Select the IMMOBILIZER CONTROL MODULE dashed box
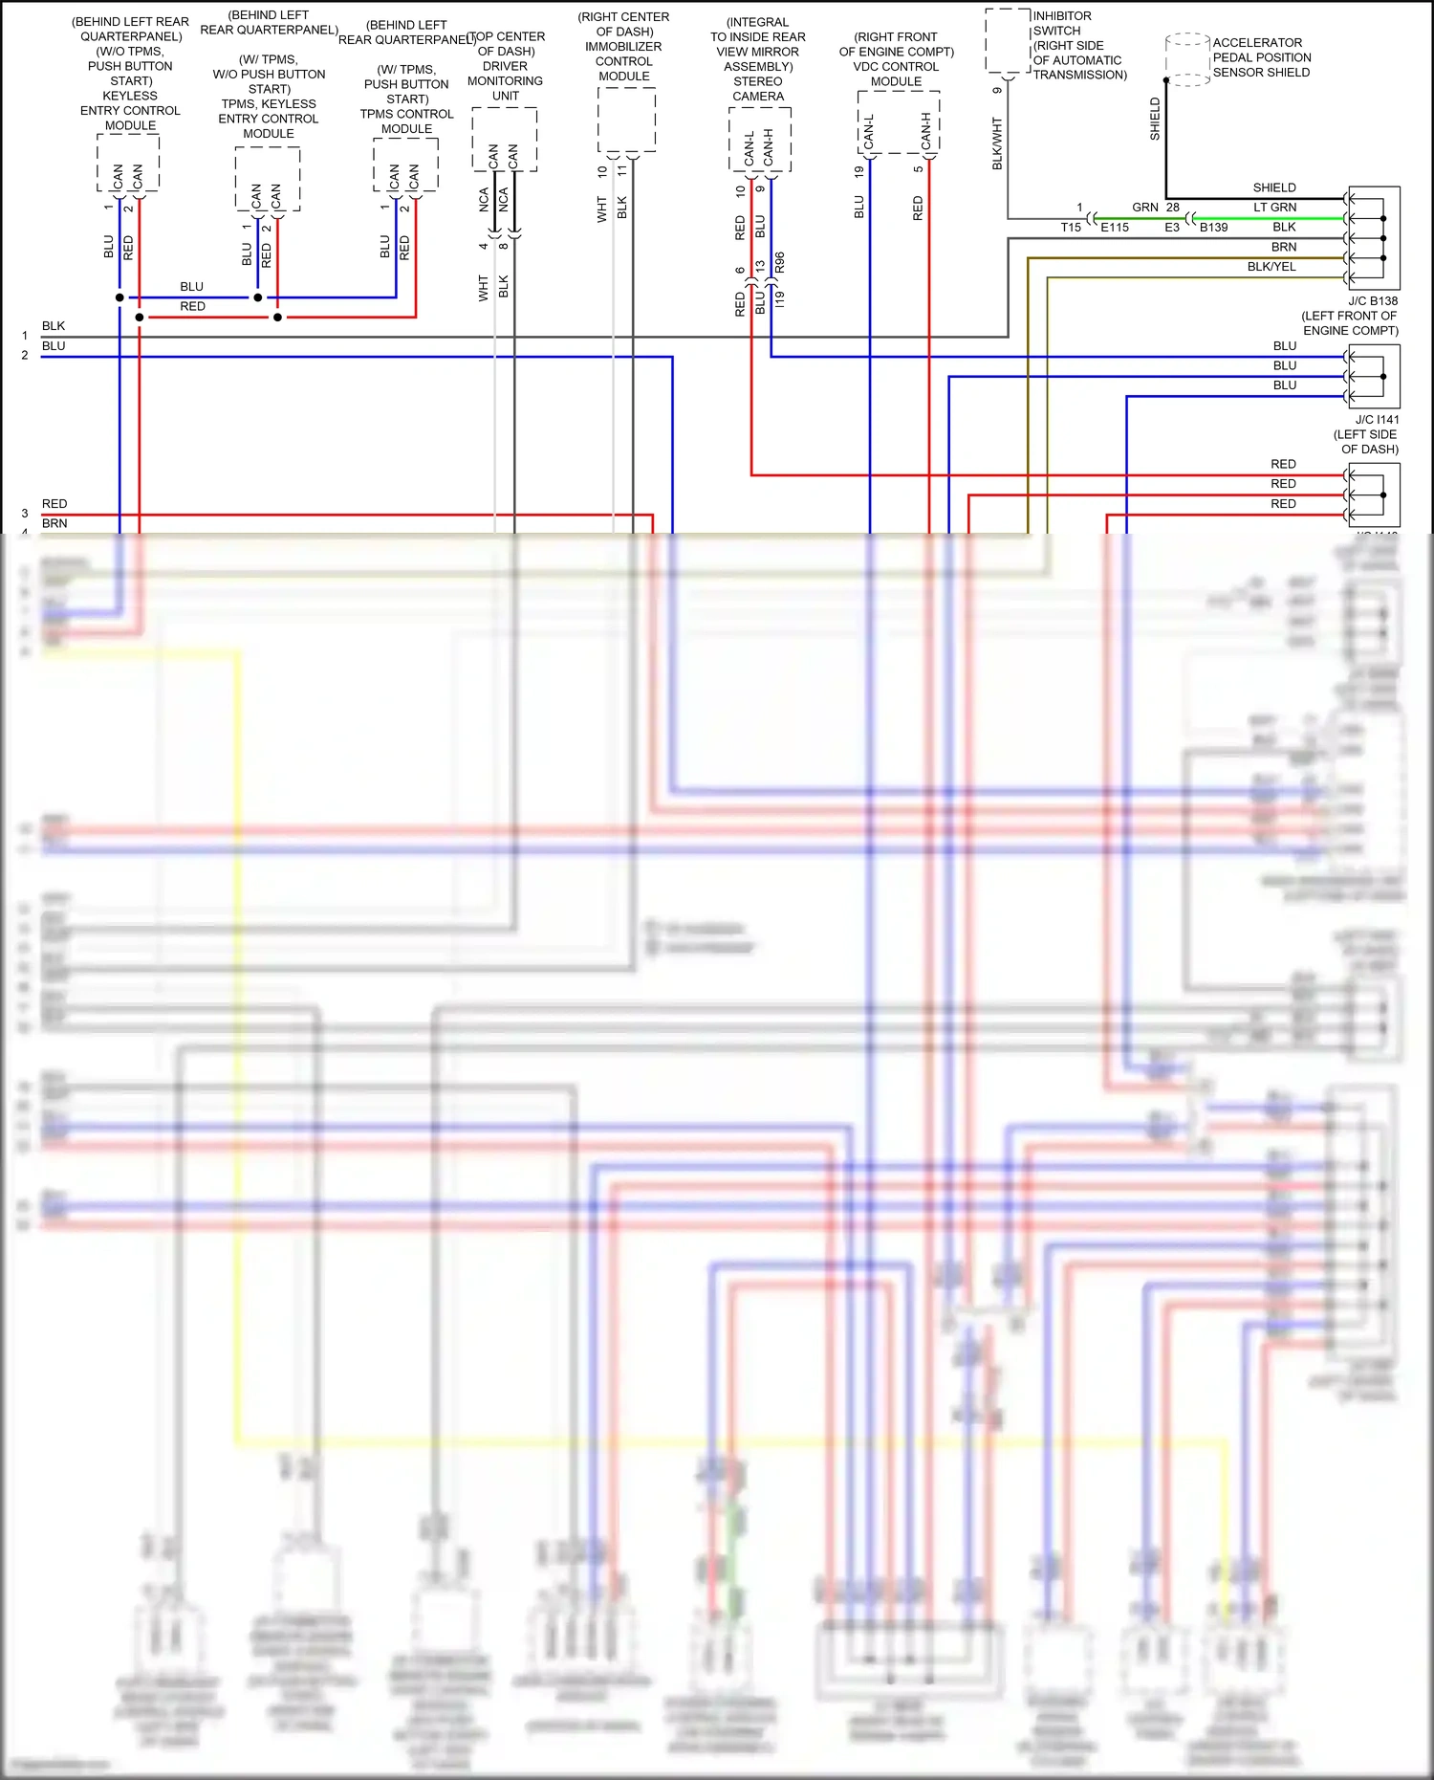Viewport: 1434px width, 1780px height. [x=626, y=120]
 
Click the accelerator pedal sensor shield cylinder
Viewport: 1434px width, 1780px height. [x=1187, y=59]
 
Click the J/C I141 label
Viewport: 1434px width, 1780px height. [x=1376, y=419]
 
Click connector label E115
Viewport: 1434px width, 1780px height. [x=1114, y=228]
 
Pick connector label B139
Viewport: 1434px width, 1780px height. [x=1213, y=228]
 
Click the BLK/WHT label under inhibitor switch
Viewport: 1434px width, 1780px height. [x=997, y=143]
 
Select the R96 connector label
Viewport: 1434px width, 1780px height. [x=780, y=263]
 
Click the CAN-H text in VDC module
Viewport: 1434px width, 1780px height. [x=925, y=131]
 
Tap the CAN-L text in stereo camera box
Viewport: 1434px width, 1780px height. [x=749, y=146]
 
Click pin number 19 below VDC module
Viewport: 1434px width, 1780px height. [x=858, y=172]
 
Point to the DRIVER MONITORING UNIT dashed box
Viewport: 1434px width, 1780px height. [x=504, y=139]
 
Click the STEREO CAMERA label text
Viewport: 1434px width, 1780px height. [x=758, y=89]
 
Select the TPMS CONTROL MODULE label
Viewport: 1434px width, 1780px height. [x=406, y=121]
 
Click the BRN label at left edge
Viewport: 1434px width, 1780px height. [x=54, y=523]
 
